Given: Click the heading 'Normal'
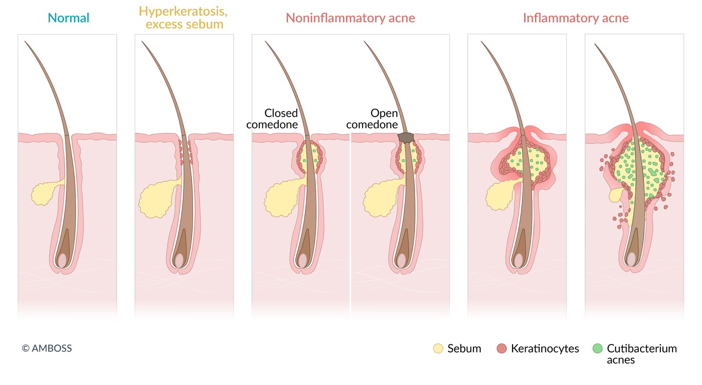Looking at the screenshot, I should tap(68, 18).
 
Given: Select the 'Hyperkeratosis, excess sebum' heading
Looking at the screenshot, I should tap(183, 18).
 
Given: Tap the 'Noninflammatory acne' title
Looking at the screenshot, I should tap(350, 18).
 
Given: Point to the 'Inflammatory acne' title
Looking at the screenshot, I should tap(575, 18).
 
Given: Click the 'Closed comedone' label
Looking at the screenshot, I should tap(272, 119).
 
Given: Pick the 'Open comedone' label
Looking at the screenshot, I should tap(372, 119).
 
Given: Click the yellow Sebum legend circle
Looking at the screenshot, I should tap(438, 349).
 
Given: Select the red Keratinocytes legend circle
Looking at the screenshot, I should tap(501, 349).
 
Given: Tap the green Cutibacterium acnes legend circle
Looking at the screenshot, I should tap(597, 349).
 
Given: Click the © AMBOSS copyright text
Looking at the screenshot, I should tap(47, 349).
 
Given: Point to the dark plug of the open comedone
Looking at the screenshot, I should tap(406, 138).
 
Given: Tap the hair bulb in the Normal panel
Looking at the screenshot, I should tap(62, 260).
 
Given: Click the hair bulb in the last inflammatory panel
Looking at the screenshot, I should tap(631, 259).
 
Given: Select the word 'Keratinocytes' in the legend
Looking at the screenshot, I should tap(545, 349).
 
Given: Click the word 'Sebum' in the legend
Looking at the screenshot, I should tap(464, 349).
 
